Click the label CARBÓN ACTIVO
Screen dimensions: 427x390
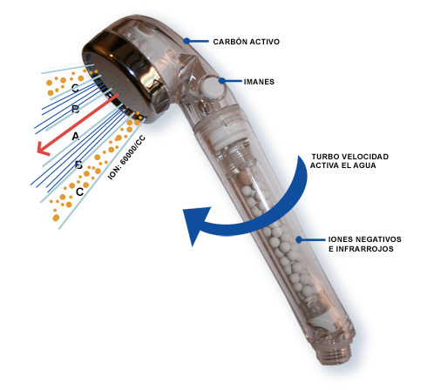click(246, 42)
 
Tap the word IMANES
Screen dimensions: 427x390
click(259, 82)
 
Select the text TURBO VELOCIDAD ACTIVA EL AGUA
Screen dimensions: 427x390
click(349, 161)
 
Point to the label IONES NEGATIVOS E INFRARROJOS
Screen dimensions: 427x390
click(364, 244)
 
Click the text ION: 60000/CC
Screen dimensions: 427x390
click(126, 157)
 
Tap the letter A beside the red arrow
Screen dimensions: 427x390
click(76, 136)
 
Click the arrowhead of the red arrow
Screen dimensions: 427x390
click(44, 149)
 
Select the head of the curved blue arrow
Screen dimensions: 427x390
click(196, 225)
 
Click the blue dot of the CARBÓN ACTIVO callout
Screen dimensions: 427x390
click(186, 41)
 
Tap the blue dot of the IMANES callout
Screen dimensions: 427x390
click(222, 81)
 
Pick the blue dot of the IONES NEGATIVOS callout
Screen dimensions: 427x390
click(299, 239)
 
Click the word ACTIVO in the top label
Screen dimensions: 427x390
click(264, 42)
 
